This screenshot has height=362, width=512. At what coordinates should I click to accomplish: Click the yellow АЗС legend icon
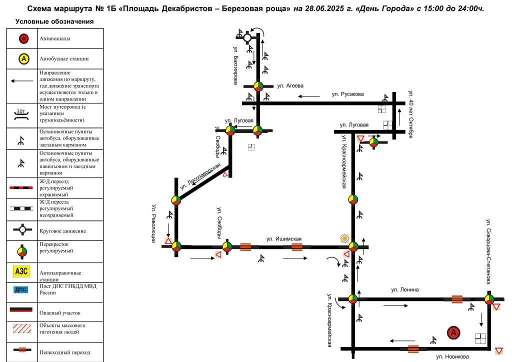(21, 271)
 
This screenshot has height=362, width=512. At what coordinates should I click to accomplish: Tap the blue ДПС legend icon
(21, 289)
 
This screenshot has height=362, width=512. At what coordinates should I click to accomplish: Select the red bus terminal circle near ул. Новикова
(453, 332)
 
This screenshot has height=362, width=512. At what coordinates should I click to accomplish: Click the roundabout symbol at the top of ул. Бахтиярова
(247, 38)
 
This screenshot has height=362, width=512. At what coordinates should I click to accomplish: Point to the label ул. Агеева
(290, 86)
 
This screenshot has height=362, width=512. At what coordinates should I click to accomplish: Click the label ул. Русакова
(348, 94)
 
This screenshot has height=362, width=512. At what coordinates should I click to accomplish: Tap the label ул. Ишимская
(284, 239)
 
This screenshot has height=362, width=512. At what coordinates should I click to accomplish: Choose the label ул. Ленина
(405, 289)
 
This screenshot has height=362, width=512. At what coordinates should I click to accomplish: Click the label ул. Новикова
(452, 357)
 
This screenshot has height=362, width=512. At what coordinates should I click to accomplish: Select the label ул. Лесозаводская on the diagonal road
(200, 176)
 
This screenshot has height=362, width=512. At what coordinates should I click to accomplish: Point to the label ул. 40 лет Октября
(411, 114)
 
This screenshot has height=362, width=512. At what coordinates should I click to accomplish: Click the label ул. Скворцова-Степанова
(488, 251)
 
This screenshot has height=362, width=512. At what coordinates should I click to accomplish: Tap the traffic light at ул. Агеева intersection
(258, 86)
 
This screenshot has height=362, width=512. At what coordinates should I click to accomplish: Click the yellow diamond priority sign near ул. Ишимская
(345, 238)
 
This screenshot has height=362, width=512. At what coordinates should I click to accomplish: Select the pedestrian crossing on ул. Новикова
(413, 349)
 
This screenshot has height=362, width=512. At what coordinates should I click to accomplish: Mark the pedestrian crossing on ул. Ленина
(457, 299)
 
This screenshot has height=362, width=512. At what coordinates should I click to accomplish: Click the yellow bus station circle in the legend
(23, 59)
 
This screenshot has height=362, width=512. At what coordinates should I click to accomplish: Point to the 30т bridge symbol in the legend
(21, 114)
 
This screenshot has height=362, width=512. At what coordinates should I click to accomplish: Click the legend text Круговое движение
(62, 231)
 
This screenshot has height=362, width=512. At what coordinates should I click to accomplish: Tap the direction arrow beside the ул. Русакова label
(309, 96)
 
